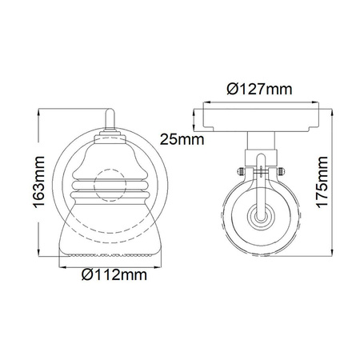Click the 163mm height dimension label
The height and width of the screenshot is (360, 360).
tap(39, 182)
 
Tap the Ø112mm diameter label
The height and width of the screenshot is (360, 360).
tap(114, 274)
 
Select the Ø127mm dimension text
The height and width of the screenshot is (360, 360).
tap(259, 89)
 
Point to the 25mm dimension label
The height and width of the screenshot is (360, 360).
tap(182, 139)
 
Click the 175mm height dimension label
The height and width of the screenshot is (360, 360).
tap(322, 182)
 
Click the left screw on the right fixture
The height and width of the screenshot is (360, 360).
tap(240, 171)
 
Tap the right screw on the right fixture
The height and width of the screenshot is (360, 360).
tap(281, 171)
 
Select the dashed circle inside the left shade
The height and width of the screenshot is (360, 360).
tap(110, 185)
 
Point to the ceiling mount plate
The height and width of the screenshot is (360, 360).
tap(261, 120)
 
